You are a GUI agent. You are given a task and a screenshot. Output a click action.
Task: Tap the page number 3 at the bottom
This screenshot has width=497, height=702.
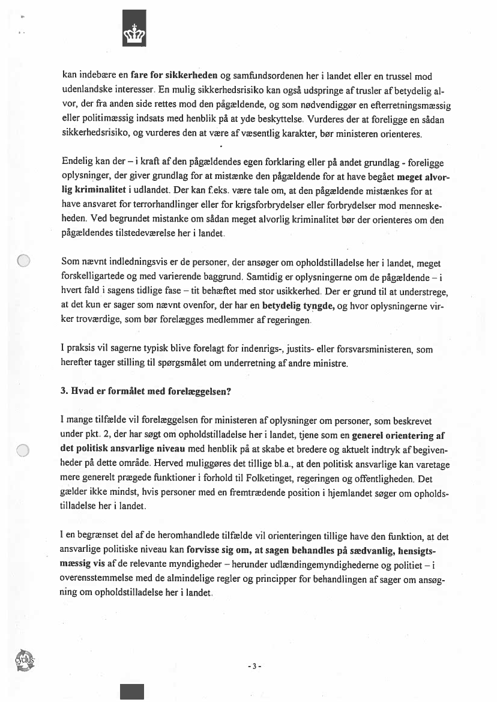pyautogui.click(x=255, y=666)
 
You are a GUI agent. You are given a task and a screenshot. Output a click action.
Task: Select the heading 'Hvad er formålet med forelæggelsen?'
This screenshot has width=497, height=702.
pyautogui.click(x=147, y=391)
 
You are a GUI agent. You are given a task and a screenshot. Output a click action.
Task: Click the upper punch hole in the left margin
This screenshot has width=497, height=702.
pyautogui.click(x=23, y=261)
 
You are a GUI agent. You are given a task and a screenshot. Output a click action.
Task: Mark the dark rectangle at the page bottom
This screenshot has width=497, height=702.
pyautogui.click(x=131, y=691)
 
